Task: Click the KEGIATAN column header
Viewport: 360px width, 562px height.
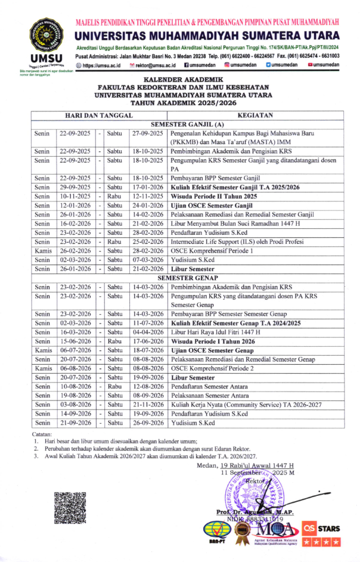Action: [x=255, y=116]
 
